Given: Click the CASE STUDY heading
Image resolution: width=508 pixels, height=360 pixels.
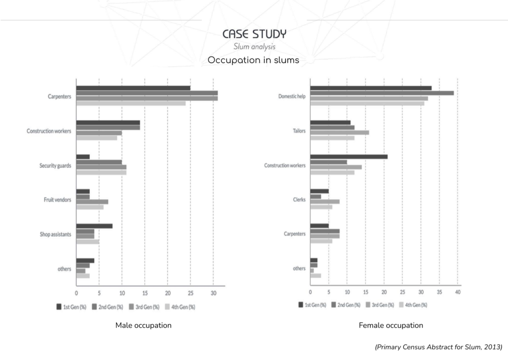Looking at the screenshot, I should pos(254,34).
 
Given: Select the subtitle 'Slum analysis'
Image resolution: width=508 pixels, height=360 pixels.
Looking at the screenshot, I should pos(254,47).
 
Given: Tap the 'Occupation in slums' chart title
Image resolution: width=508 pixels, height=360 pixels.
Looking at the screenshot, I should pos(254,60).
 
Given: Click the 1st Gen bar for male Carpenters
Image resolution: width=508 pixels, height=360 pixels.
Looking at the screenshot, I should pos(133,88).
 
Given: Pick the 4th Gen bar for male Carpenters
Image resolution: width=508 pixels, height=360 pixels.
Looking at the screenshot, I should pos(130,103).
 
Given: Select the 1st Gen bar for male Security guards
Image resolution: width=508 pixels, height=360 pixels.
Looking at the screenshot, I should pos(83,157).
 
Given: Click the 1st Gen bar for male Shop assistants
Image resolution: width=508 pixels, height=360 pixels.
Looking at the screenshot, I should pos(94,226).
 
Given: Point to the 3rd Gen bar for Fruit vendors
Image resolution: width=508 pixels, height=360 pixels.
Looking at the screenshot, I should pos(92,202).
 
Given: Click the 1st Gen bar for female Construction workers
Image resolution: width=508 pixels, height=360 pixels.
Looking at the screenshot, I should pos(348,157).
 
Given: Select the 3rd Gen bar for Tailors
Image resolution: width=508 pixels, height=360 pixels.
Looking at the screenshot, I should pos(339,133).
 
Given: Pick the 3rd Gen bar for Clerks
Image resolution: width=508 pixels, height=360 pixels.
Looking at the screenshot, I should pos(324,202).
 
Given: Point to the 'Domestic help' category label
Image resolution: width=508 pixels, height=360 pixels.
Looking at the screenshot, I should pos(292,96).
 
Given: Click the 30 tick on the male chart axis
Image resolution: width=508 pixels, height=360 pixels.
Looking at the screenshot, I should pos(213,293).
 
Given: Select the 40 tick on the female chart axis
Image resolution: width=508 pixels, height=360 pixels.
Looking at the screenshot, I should pos(457,292).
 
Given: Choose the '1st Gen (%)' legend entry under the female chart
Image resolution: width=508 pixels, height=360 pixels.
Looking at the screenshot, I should pos(312,305).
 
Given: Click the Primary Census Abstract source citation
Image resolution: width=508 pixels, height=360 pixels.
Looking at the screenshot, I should pos(439,347).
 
